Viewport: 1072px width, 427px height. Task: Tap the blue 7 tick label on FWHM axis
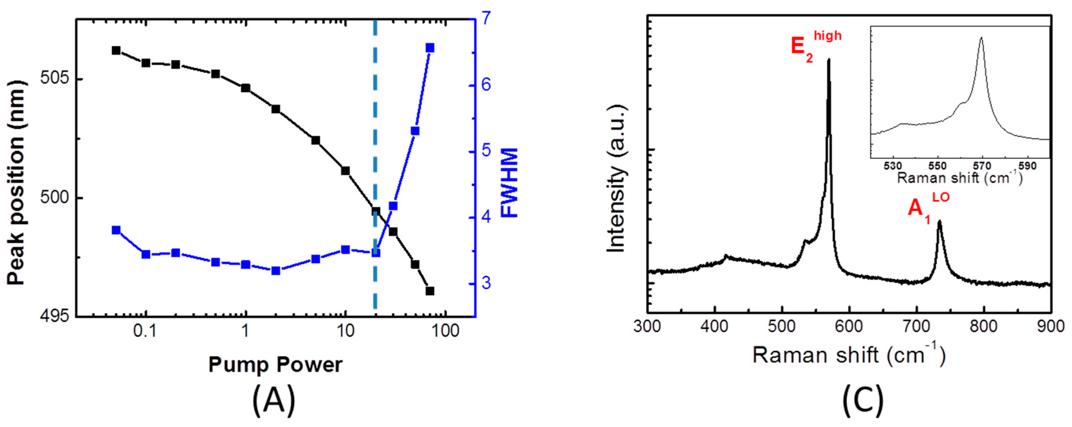tap(486, 19)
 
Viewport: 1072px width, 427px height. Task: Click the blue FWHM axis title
tap(508, 183)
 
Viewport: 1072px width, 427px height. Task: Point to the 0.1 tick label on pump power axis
tap(145, 331)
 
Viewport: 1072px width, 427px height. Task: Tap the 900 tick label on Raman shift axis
tap(1050, 326)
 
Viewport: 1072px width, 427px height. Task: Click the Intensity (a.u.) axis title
tap(616, 179)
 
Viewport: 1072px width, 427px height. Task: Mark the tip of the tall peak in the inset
tap(982, 49)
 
